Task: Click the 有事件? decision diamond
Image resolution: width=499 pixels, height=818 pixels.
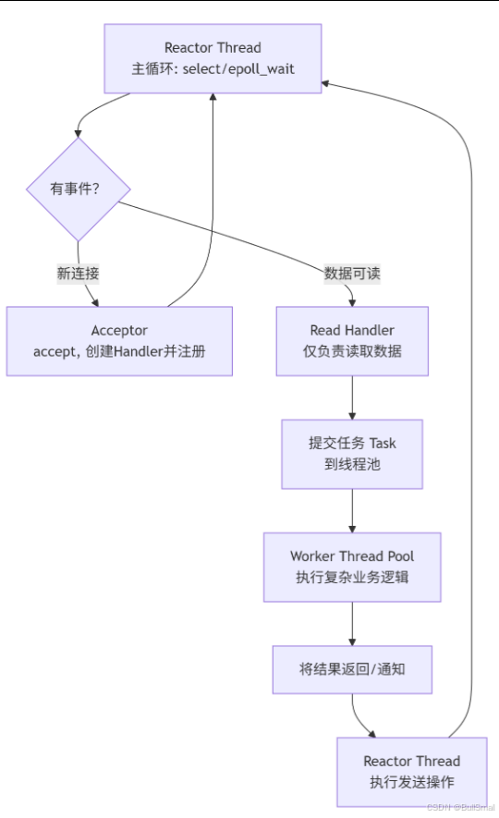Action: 78,189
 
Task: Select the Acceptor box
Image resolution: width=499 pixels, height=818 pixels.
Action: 119,341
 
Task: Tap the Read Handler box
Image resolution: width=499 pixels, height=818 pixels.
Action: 352,341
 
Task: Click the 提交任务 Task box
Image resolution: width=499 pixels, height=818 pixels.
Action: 352,454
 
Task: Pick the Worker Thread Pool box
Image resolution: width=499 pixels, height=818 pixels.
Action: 352,567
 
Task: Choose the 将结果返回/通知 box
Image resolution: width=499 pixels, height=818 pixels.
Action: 352,669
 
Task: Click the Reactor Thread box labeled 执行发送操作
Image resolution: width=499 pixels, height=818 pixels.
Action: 411,771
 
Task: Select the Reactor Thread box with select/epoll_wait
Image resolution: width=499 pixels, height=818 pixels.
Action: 213,58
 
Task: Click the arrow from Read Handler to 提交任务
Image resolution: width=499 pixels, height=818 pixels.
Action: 352,397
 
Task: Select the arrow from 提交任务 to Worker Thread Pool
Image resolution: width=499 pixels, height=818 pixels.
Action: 352,510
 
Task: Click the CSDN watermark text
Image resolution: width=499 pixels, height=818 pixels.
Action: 462,807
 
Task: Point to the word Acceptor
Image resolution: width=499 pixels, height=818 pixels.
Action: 119,330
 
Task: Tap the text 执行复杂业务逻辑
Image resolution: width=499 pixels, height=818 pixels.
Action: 352,578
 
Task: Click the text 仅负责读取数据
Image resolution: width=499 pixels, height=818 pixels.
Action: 352,352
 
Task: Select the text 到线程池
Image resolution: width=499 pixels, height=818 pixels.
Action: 352,465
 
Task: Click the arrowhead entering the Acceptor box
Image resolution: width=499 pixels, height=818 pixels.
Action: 95,301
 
